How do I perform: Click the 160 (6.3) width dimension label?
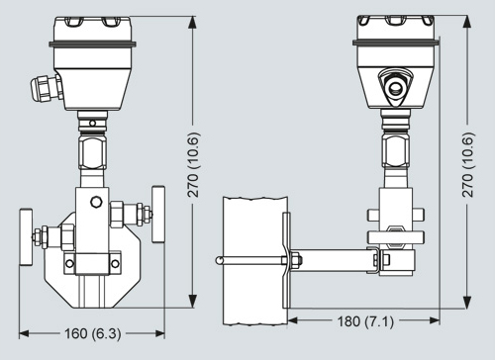pyautogui.click(x=93, y=333)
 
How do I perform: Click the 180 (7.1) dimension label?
pyautogui.click(x=365, y=320)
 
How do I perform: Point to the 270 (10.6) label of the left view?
pyautogui.click(x=193, y=165)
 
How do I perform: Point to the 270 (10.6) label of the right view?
pyautogui.click(x=468, y=165)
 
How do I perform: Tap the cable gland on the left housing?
pyautogui.click(x=46, y=88)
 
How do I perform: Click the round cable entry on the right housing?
pyautogui.click(x=395, y=87)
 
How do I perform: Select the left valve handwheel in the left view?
pyautogui.click(x=26, y=236)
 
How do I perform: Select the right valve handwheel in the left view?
pyautogui.click(x=158, y=215)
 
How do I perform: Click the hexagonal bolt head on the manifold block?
pyautogui.click(x=96, y=202)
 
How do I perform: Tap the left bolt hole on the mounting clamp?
pyautogui.click(x=69, y=263)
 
